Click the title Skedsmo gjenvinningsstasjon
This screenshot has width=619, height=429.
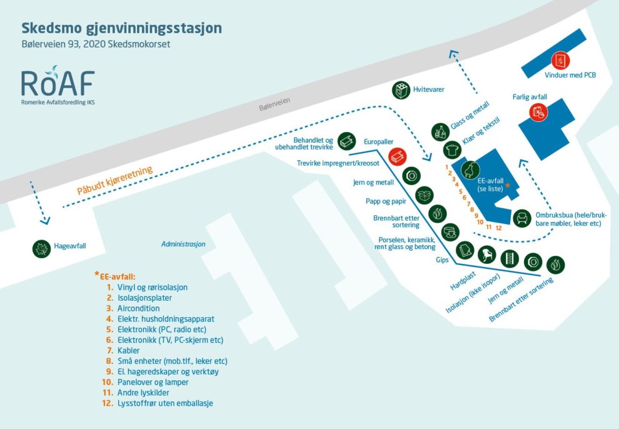click(x=121, y=28)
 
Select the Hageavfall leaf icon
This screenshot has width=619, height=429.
click(x=41, y=248)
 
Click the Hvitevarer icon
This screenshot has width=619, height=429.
click(x=401, y=90)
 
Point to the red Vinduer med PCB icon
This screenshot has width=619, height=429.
click(x=560, y=61)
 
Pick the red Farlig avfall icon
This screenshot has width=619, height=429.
click(x=538, y=112)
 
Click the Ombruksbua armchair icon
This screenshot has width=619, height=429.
click(x=521, y=218)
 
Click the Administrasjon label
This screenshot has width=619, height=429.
click(x=183, y=244)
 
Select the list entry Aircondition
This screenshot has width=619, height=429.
click(x=138, y=308)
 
